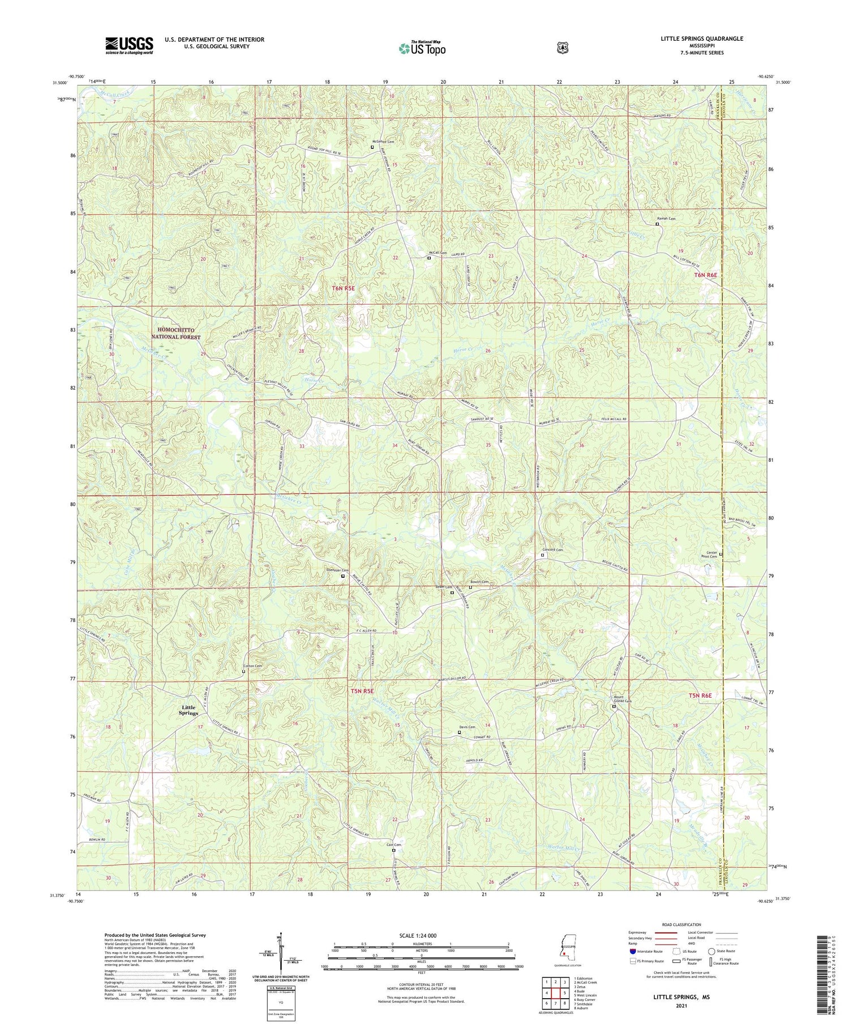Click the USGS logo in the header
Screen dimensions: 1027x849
pos(129,45)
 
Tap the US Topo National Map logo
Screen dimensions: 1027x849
pos(422,49)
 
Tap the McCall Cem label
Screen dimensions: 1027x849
pos(438,253)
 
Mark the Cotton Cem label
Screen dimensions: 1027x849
pos(252,666)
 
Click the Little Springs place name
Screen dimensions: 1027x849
pos(190,710)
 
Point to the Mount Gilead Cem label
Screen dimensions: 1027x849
pos(622,699)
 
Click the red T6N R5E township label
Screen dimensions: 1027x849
pos(343,288)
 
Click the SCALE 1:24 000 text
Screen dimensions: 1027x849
pos(421,936)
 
